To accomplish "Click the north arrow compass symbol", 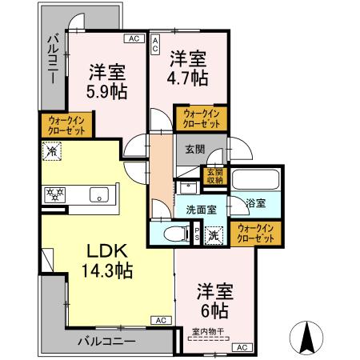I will (x=306, y=337).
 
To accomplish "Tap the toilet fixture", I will (x=176, y=233).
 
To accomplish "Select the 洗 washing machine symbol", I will (x=213, y=234).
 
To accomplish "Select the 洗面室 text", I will (x=201, y=210).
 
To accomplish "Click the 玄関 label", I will (x=194, y=149).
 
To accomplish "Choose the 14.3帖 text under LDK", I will (x=106, y=270).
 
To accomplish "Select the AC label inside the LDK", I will (x=159, y=320).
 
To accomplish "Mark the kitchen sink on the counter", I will (x=98, y=194).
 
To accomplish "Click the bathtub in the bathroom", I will (x=255, y=178).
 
